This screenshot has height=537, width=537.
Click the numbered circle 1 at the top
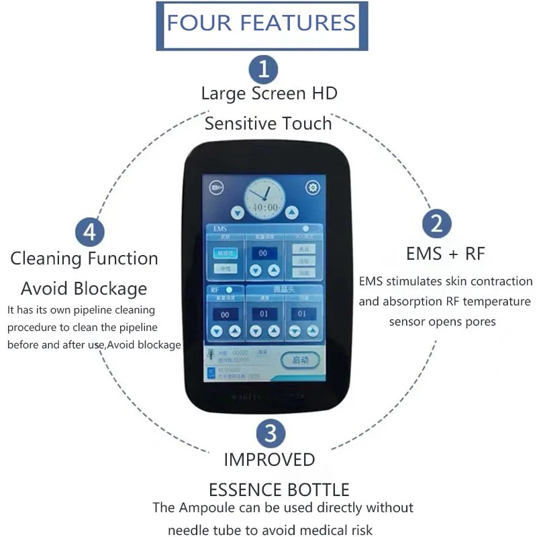click(x=264, y=68)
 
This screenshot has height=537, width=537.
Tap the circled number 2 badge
click(x=437, y=222)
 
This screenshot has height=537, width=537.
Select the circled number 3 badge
click(x=270, y=433)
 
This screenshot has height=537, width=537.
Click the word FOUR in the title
click(x=199, y=23)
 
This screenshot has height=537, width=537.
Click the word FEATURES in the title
click(x=297, y=23)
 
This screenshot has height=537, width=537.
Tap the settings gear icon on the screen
click(x=313, y=188)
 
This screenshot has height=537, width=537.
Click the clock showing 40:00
click(x=264, y=199)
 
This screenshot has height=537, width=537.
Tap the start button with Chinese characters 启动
click(x=299, y=360)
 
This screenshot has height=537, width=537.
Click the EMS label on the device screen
click(x=221, y=229)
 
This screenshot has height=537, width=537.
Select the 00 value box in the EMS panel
click(x=264, y=253)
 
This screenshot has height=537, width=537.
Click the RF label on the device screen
click(x=215, y=289)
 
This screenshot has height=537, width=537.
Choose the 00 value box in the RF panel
click(x=225, y=314)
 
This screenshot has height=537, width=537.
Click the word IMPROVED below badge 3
click(x=269, y=460)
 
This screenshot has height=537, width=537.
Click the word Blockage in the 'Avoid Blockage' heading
click(x=111, y=289)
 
